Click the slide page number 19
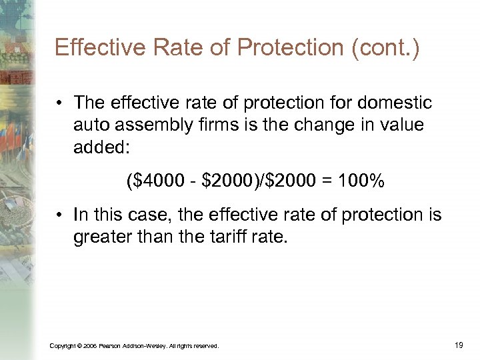click(458, 345)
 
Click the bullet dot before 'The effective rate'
click(60, 104)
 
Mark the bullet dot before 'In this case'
click(60, 214)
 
